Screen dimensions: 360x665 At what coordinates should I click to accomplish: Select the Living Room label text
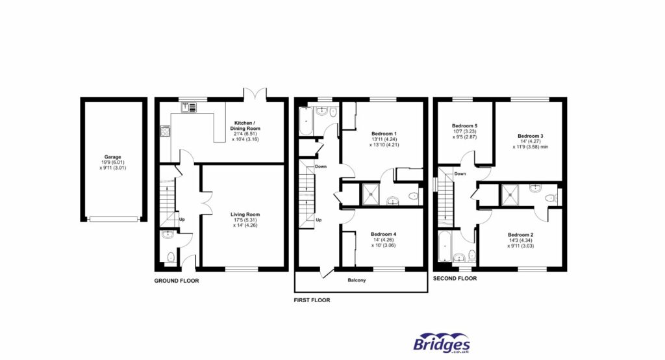[x=244, y=214]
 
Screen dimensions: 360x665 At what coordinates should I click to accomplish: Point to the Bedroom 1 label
[x=384, y=134]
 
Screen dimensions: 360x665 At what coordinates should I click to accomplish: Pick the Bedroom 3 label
[x=531, y=136]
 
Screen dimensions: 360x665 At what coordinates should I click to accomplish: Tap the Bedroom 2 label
[x=520, y=235]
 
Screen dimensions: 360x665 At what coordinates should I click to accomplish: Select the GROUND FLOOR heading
[x=176, y=281]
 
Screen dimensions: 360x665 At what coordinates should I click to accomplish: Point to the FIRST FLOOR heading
[x=312, y=300]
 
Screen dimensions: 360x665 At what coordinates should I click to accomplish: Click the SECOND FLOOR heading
[x=455, y=278]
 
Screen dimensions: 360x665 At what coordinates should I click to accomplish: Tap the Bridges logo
[x=442, y=342]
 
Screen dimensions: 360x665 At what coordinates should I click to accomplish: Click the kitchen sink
[x=188, y=108]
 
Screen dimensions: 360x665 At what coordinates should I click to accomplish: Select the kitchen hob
[x=164, y=131]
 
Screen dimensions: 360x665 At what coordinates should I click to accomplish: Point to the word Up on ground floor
[x=182, y=219]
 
